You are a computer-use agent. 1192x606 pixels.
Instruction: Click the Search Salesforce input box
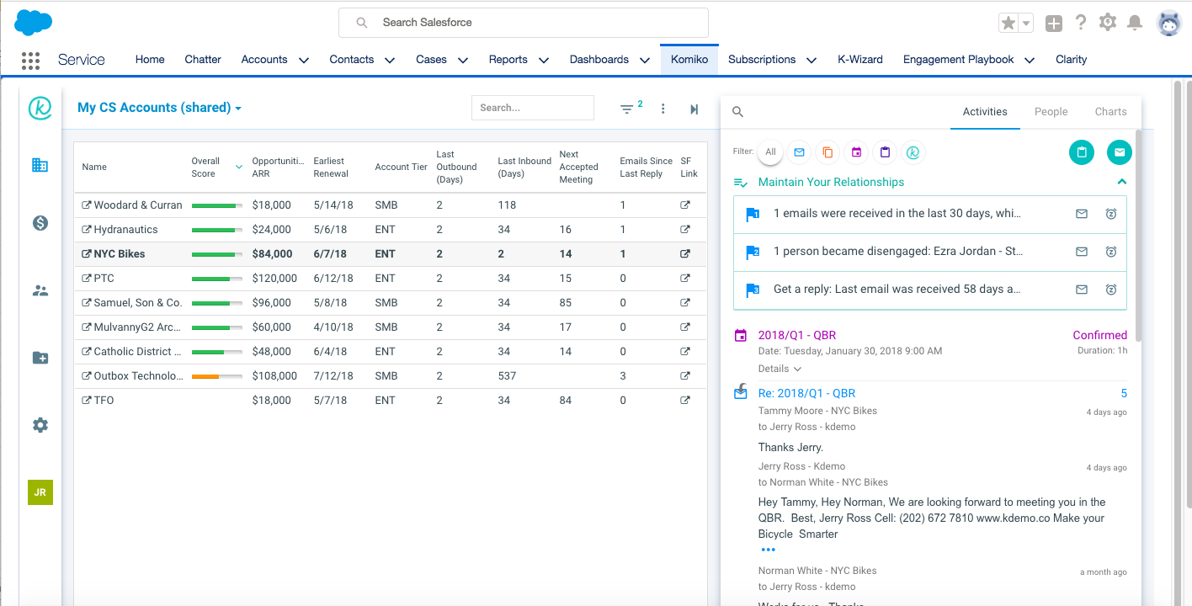[x=523, y=23]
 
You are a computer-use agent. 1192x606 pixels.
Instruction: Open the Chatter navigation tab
[x=203, y=60]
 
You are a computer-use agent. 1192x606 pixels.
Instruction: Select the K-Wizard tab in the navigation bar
[x=859, y=60]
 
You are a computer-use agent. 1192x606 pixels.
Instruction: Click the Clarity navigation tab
[x=1071, y=60]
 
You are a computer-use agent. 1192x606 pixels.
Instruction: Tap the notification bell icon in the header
[x=1135, y=23]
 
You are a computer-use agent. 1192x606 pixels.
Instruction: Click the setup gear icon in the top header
[x=1108, y=23]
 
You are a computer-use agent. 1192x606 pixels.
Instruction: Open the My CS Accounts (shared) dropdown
[x=159, y=108]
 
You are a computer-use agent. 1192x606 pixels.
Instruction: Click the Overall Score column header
[x=206, y=167]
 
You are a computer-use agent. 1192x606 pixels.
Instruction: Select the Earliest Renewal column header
[x=331, y=167]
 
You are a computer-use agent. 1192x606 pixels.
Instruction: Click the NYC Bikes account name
[x=119, y=254]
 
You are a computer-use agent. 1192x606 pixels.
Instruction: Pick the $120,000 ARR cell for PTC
[x=274, y=279]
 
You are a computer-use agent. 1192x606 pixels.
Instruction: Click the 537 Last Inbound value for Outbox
[x=507, y=376]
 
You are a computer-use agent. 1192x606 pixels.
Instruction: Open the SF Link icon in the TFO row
[x=685, y=401]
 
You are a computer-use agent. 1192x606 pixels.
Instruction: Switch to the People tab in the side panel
[x=1051, y=112]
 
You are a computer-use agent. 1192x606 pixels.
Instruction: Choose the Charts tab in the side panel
[x=1110, y=112]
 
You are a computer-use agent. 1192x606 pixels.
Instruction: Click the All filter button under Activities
[x=770, y=152]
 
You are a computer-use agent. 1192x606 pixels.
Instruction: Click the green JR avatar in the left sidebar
[x=40, y=492]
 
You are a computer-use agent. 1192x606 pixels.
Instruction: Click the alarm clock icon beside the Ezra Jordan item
[x=1110, y=252]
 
